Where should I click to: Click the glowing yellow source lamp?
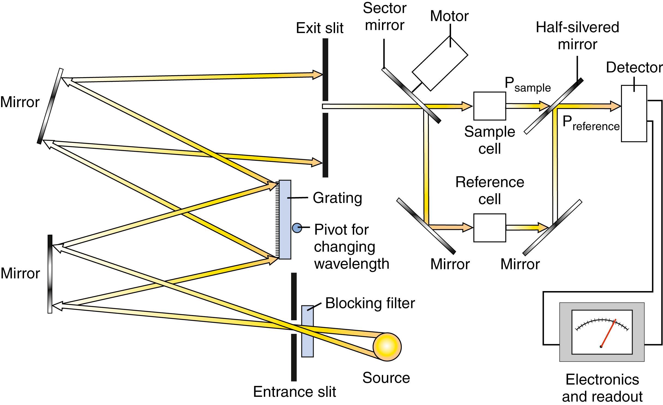pyautogui.click(x=387, y=347)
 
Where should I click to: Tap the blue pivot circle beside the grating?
pyautogui.click(x=297, y=228)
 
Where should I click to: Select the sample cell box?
pyautogui.click(x=489, y=106)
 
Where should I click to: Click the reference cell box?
pyautogui.click(x=489, y=228)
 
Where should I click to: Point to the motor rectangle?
pyautogui.click(x=440, y=64)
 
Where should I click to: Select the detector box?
pyautogui.click(x=634, y=113)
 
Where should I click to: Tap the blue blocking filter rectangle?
pyautogui.click(x=307, y=331)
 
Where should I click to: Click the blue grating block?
pyautogui.click(x=285, y=219)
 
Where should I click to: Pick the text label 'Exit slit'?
pyautogui.click(x=319, y=28)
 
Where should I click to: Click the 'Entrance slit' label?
pyautogui.click(x=294, y=392)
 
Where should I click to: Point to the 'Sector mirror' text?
pyautogui.click(x=384, y=17)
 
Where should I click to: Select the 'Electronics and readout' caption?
pyautogui.click(x=602, y=388)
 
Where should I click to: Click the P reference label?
pyautogui.click(x=591, y=123)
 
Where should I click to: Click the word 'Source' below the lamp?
pyautogui.click(x=386, y=378)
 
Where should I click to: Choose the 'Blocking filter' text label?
pyautogui.click(x=370, y=303)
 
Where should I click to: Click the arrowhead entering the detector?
pyautogui.click(x=615, y=106)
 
